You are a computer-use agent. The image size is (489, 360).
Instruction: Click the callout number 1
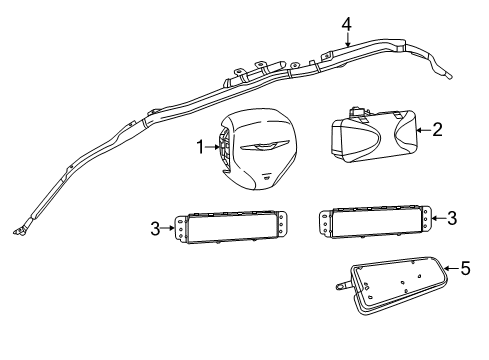tap(199, 148)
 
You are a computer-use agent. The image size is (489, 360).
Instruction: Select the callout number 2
tap(437, 129)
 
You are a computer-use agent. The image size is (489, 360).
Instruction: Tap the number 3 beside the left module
tap(156, 229)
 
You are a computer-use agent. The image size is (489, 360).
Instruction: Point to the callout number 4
tap(346, 23)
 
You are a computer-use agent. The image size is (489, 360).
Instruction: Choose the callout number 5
tap(463, 268)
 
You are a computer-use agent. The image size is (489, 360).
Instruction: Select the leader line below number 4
tap(346, 38)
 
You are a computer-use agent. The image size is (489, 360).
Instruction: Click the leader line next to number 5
tap(450, 268)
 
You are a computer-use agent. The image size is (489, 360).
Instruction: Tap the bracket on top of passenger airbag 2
tap(358, 109)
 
